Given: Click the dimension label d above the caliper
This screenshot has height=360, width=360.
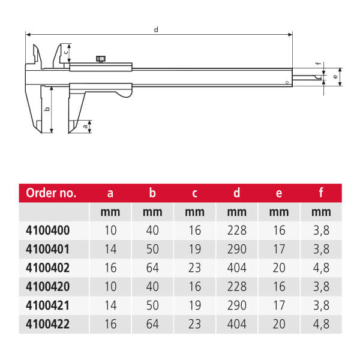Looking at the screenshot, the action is (x=156, y=29).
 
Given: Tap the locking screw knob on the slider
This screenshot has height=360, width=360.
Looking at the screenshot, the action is (x=101, y=59).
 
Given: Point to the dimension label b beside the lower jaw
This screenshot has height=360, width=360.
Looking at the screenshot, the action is (x=47, y=109).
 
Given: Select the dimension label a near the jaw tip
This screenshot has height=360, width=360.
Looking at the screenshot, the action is (x=85, y=126).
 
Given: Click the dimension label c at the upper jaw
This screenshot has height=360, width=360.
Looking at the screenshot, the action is (x=66, y=52).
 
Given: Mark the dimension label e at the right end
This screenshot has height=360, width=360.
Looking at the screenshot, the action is (x=335, y=76).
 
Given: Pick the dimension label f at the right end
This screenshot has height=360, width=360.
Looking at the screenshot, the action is (x=318, y=64).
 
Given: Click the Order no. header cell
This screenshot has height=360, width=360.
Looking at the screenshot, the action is (x=51, y=193).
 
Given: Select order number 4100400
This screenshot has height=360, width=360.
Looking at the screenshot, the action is (x=48, y=230).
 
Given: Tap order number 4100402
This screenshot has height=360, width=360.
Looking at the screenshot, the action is (x=48, y=268).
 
